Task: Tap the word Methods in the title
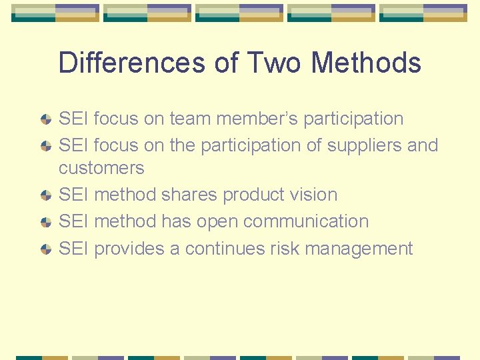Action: (366, 63)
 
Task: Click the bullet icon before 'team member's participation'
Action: (45, 120)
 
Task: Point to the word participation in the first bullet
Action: (353, 119)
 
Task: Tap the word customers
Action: (101, 168)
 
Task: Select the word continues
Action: (224, 249)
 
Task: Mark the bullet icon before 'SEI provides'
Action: (45, 250)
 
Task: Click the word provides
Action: (127, 249)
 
